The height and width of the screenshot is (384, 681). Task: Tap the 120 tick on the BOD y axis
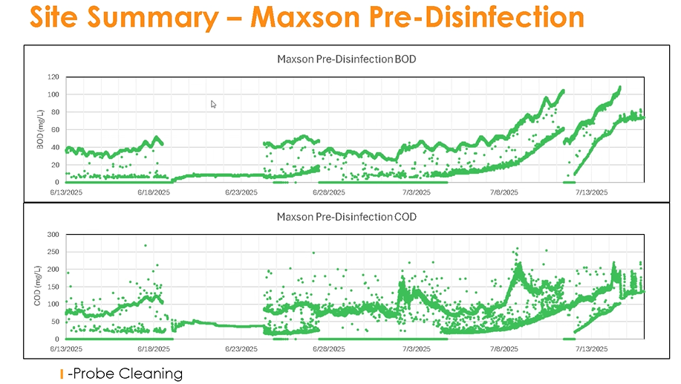tap(53, 77)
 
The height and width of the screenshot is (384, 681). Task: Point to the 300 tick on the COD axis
tap(53, 234)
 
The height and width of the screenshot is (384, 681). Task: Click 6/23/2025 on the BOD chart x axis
tap(241, 192)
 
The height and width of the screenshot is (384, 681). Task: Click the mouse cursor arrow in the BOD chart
tap(214, 105)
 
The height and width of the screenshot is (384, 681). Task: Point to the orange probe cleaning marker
tap(62, 374)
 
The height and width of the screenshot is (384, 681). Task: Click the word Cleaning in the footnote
tap(154, 373)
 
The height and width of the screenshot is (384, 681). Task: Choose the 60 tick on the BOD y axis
tap(55, 129)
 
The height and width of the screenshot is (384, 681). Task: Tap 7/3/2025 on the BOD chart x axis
tap(416, 192)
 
